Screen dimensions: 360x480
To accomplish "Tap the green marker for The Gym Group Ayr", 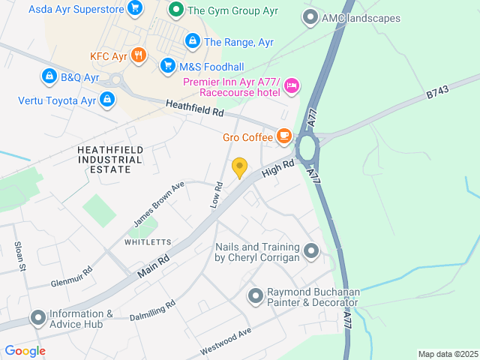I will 176,10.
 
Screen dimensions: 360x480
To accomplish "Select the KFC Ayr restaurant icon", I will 138,55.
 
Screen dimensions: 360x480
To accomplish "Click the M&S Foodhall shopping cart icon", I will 167,67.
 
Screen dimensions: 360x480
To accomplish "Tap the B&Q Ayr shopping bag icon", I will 49,76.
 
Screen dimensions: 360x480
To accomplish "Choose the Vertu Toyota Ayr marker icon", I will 107,99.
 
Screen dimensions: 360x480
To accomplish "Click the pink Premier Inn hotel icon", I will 292,87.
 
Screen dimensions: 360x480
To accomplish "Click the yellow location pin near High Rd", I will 240,167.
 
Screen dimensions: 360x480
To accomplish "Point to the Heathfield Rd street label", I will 195,109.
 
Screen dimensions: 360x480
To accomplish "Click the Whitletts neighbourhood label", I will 148,242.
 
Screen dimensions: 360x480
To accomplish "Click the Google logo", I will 25,350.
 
